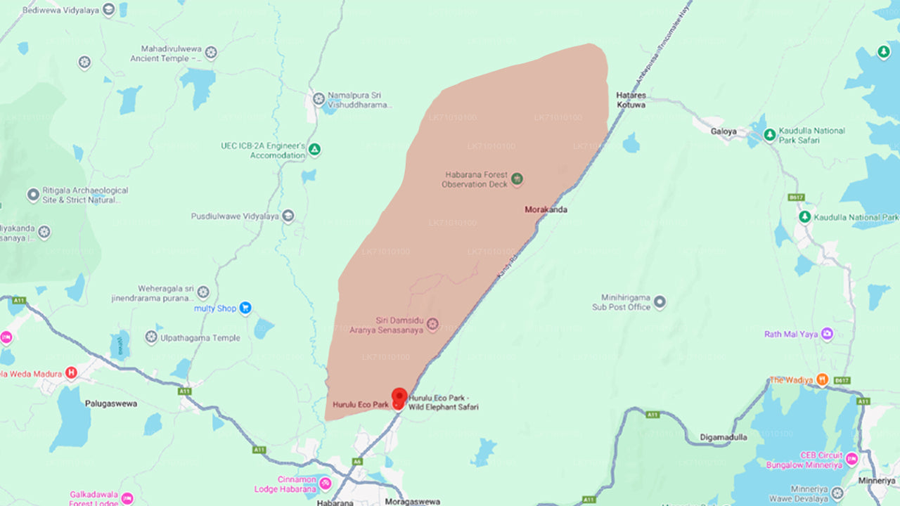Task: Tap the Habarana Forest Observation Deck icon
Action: click(x=517, y=179)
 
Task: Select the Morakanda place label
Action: click(x=546, y=209)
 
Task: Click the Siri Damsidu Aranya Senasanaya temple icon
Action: click(x=432, y=324)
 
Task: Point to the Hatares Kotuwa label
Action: click(x=631, y=100)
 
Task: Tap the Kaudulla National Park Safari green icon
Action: click(x=769, y=134)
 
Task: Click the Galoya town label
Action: click(x=724, y=131)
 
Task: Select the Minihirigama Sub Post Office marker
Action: click(x=660, y=302)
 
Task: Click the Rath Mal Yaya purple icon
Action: click(x=828, y=334)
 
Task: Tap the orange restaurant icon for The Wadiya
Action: click(x=821, y=379)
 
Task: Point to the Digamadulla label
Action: click(x=724, y=437)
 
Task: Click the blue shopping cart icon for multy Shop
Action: click(x=245, y=308)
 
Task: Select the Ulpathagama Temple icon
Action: click(x=151, y=337)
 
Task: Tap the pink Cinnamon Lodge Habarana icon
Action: click(x=325, y=484)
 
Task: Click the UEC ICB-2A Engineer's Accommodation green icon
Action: click(x=315, y=149)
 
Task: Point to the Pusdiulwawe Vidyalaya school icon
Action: click(x=288, y=216)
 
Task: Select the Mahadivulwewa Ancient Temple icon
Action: click(x=210, y=53)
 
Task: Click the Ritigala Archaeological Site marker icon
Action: click(x=33, y=195)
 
